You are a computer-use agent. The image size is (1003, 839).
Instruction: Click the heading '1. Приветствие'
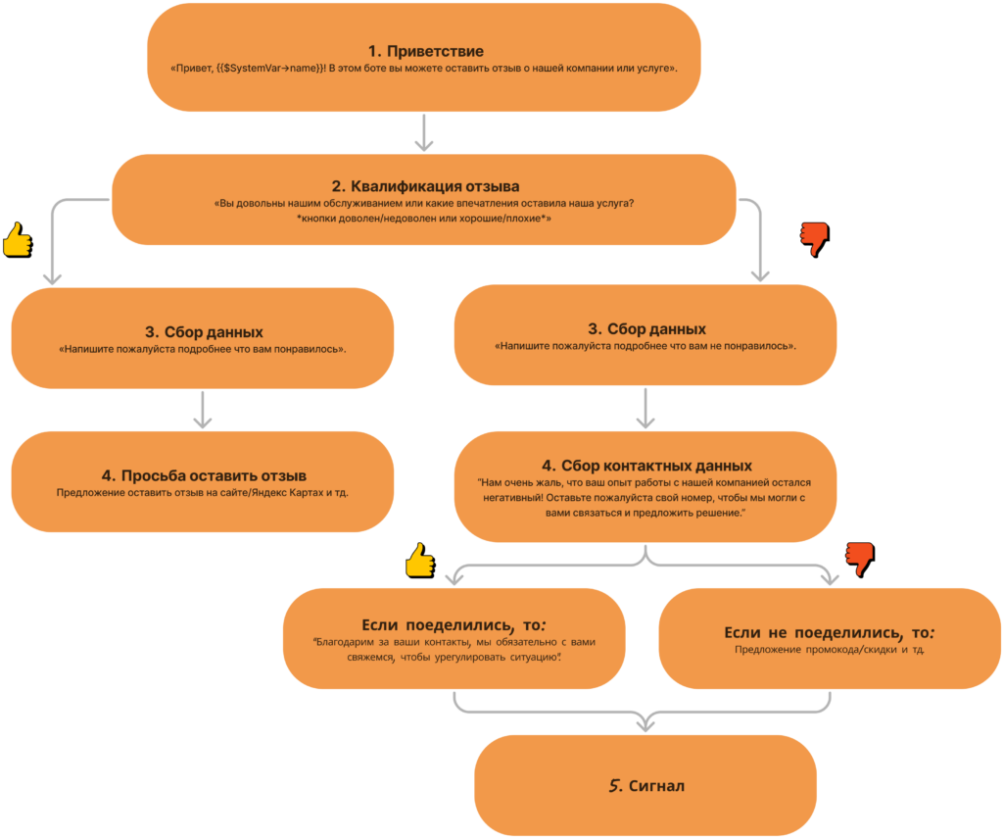coord(425,51)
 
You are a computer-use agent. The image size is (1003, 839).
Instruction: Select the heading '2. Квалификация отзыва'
coord(425,186)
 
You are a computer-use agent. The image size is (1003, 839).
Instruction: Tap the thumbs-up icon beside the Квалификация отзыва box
coord(18,240)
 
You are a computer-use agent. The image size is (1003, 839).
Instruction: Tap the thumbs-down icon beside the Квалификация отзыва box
coord(815,240)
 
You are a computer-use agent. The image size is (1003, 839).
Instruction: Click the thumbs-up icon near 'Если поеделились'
coord(421,561)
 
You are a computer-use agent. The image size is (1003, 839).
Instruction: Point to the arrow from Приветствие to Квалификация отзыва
coord(424,132)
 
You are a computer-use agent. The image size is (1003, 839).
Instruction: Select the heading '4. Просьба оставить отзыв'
coord(204,475)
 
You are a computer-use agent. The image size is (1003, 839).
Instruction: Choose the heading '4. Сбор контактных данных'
coord(646,466)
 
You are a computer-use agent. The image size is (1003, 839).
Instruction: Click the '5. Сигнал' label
coord(646,785)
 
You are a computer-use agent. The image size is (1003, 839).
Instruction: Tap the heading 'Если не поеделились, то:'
coord(829,632)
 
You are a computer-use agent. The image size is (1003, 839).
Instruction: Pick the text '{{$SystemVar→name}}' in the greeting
coord(270,68)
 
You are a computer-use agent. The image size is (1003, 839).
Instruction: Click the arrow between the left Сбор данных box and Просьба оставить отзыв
coord(203,410)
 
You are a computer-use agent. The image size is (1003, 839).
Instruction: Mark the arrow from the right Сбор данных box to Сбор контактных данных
coord(645,409)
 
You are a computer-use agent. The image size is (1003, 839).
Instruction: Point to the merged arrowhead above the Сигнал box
coord(645,722)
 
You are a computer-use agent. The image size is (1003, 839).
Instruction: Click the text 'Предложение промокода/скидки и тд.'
coord(830,650)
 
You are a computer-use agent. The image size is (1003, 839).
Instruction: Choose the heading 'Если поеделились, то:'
coord(454,624)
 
